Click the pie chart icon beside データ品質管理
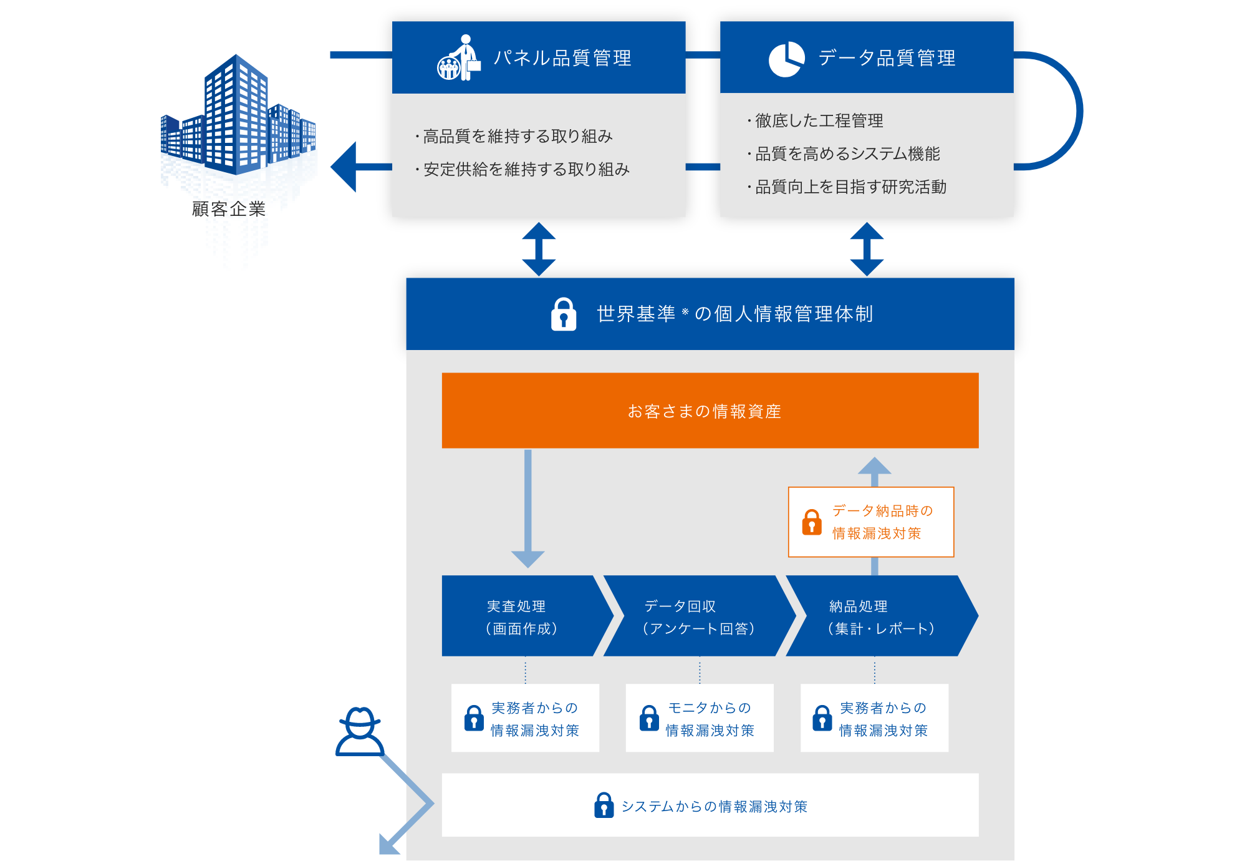[786, 59]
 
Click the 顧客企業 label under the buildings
[229, 209]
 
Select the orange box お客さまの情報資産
[710, 411]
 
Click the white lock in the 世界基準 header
[564, 314]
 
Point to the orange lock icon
[811, 522]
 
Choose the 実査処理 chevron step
[522, 616]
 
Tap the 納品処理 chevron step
[879, 616]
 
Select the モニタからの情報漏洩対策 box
[699, 718]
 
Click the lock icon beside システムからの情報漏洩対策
[604, 805]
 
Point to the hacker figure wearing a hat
[360, 732]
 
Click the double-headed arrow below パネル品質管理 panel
[539, 249]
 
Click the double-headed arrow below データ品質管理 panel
[867, 249]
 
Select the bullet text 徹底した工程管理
[819, 120]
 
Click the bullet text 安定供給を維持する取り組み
[526, 169]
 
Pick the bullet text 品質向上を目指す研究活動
[850, 187]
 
